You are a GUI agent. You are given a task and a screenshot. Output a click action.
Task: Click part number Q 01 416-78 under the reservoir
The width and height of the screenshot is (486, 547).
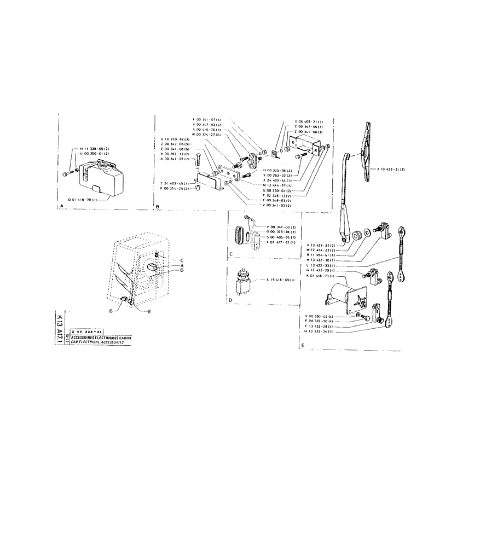point(82,200)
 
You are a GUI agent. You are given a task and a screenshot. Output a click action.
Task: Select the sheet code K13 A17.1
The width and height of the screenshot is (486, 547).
point(60,328)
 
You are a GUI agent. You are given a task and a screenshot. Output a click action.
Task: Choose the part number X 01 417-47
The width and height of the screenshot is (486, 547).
point(280,243)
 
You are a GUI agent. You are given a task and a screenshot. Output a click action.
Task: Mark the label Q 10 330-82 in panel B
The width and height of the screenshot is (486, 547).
point(173,139)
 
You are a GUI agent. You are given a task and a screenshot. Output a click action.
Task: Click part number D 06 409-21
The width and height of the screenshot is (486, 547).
point(309,121)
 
